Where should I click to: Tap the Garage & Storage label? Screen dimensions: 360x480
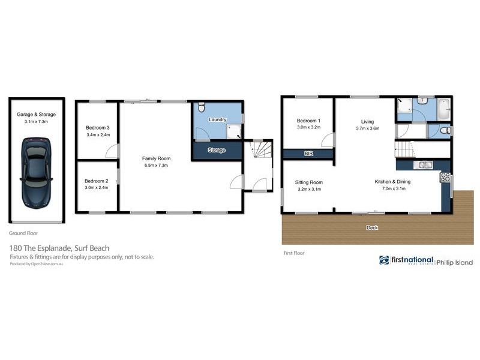(x=36, y=114)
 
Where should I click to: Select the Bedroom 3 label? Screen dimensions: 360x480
(x=97, y=128)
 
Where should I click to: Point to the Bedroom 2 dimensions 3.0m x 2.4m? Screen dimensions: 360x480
(x=96, y=187)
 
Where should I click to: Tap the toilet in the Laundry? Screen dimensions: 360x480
(x=201, y=107)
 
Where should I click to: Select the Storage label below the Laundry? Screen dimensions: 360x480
(x=216, y=150)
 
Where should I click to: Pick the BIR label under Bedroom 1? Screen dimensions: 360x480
(x=308, y=154)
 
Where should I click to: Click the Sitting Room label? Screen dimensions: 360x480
(x=310, y=182)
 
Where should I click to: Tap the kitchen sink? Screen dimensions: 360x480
(x=425, y=164)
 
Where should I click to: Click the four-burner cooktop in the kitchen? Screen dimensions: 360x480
(x=446, y=177)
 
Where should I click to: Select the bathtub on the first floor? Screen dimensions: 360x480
(x=442, y=108)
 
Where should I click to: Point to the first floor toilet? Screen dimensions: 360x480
(x=443, y=130)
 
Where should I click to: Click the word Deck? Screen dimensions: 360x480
(x=372, y=228)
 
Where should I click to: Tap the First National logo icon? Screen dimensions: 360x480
(x=384, y=260)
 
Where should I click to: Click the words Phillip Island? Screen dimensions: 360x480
(x=454, y=263)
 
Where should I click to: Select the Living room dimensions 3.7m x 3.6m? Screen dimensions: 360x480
(x=367, y=128)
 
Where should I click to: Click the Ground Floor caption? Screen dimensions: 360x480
(x=23, y=233)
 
